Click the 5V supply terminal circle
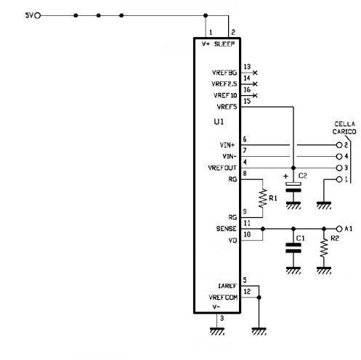coord(38,16)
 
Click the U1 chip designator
coord(219,122)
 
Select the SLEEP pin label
coord(224,44)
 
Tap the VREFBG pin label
coord(224,73)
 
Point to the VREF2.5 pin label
coord(224,84)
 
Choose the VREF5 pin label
coord(227,107)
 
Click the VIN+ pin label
coord(227,145)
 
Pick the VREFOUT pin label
coord(222,168)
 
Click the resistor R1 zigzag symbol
coord(263,198)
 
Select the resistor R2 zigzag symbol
coord(324,248)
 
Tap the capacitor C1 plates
coord(293,248)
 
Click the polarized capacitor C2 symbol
coord(293,187)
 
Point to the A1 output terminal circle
coord(339,229)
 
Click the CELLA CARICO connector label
coord(344,128)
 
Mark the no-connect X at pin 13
coord(255,73)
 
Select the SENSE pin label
coord(226,229)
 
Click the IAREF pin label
coord(227,286)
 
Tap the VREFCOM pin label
coord(223,298)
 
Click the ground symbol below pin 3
coord(217,331)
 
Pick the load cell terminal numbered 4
coord(339,157)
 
